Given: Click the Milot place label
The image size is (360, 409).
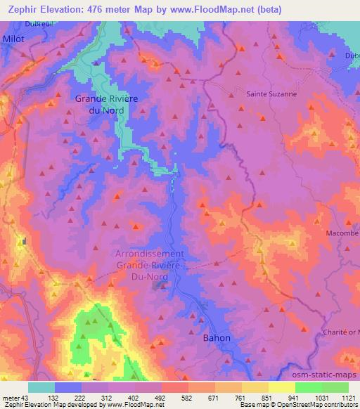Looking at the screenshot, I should [x=13, y=39].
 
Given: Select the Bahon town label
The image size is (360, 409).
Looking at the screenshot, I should [x=216, y=338].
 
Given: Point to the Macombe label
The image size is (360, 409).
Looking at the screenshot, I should [x=343, y=233].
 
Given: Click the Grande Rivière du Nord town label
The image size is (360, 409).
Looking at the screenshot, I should [x=106, y=104].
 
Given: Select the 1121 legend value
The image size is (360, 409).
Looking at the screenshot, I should [x=348, y=397].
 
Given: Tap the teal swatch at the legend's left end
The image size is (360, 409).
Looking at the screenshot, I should [x=41, y=387].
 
